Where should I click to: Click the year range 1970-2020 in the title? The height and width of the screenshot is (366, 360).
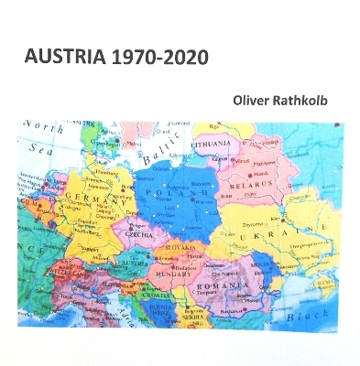[x=157, y=57]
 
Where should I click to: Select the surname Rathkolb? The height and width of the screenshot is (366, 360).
[x=307, y=99]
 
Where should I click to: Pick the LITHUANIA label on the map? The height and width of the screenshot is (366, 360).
[x=213, y=145]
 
